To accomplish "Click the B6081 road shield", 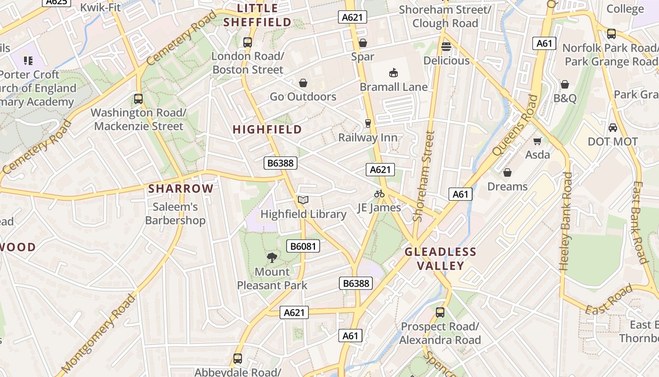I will [x=303, y=246].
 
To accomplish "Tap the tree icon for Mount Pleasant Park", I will [x=272, y=257].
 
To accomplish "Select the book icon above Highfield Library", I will [x=303, y=200].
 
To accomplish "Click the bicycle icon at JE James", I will [x=379, y=194].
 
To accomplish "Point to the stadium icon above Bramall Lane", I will [x=394, y=73].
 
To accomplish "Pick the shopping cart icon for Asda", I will [x=537, y=141].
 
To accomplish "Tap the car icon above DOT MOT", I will [x=612, y=127].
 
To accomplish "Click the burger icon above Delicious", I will [x=446, y=46].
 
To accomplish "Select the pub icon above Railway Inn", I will [x=368, y=123].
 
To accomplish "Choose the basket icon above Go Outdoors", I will [x=303, y=83].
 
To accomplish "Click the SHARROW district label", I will [x=181, y=189].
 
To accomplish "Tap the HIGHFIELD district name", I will [x=267, y=130].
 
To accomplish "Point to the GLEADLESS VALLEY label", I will [x=441, y=259].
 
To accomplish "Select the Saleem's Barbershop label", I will [x=175, y=213].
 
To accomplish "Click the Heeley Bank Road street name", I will [x=566, y=221].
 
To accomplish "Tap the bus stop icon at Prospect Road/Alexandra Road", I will [x=440, y=312].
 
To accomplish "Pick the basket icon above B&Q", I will [x=564, y=84].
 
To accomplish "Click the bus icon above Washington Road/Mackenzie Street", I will [x=138, y=99].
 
